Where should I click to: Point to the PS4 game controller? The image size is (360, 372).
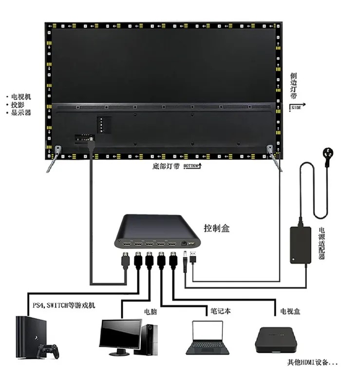click(x=49, y=350)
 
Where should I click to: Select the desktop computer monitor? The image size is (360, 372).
click(x=120, y=335)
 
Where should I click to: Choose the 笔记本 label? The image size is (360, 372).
click(x=221, y=310)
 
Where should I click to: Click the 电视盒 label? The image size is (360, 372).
click(x=290, y=311)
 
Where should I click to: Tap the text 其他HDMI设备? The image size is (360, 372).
click(x=312, y=363)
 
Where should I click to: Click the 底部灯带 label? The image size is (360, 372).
click(x=166, y=166)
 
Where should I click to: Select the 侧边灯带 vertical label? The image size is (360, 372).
click(x=293, y=85)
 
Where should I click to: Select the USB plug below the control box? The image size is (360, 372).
click(x=193, y=257)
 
